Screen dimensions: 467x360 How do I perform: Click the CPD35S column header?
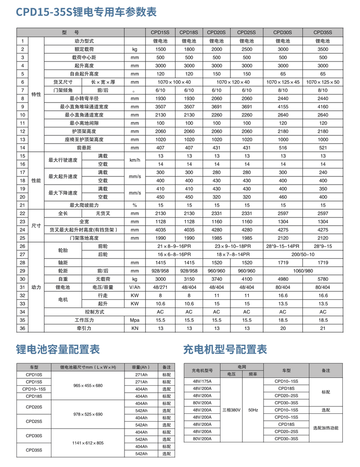tap(322, 32)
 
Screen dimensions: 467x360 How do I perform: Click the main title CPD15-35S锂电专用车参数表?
tap(86, 12)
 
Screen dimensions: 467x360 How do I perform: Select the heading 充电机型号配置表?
tap(225, 349)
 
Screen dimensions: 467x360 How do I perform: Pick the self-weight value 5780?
tap(322, 279)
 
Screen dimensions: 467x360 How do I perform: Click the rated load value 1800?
tap(189, 49)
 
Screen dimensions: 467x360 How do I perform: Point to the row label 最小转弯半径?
tap(84, 98)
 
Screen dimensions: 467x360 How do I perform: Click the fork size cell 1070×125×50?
tap(322, 82)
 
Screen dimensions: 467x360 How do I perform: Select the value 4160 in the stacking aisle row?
tap(322, 106)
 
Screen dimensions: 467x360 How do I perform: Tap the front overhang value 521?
tap(322, 147)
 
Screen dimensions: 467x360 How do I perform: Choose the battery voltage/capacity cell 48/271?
tap(161, 287)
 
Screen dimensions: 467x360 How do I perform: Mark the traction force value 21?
tap(322, 328)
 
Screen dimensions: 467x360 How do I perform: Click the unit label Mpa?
tap(135, 320)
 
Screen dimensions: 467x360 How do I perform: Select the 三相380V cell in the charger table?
tap(232, 410)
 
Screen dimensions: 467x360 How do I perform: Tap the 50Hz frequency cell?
tap(253, 410)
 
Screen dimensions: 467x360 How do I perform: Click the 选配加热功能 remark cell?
tap(325, 428)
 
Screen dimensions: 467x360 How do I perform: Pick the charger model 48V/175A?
tap(202, 381)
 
